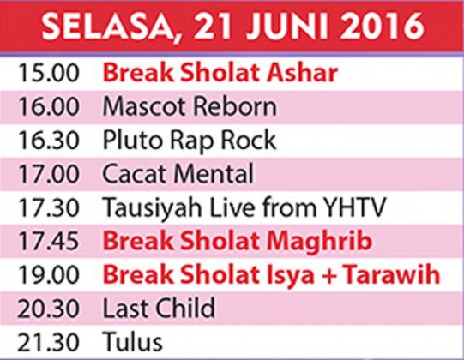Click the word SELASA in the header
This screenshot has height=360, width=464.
click(x=107, y=27)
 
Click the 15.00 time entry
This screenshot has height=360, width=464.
click(x=49, y=73)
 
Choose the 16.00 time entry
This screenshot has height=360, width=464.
click(x=49, y=106)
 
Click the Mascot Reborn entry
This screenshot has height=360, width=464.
click(x=190, y=106)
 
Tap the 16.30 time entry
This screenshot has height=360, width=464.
click(x=49, y=140)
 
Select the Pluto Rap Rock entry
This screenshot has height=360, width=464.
click(x=190, y=141)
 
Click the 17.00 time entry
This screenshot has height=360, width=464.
click(x=49, y=174)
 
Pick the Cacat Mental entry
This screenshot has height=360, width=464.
click(x=178, y=174)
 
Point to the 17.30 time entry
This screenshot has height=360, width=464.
click(x=49, y=207)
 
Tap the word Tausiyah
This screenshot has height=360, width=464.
click(x=153, y=208)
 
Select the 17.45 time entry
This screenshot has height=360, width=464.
click(x=49, y=241)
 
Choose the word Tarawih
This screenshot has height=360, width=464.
click(x=392, y=275)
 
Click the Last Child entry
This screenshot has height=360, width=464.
click(x=159, y=309)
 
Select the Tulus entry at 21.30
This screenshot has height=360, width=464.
click(x=133, y=342)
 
